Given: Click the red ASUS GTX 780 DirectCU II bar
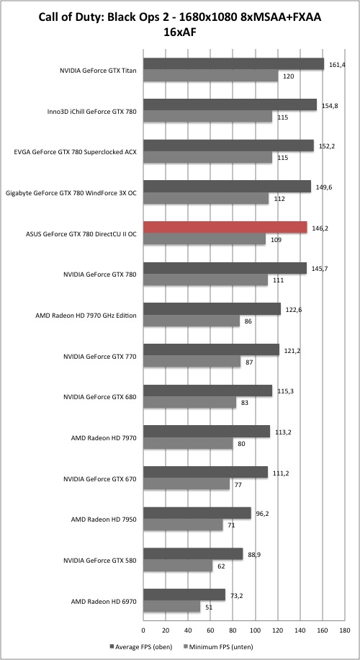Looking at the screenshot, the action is tap(225, 227).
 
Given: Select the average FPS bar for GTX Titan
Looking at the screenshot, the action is tap(234, 63).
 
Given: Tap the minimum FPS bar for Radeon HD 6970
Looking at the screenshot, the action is tap(172, 607).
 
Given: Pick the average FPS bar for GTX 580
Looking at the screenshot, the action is tap(194, 554).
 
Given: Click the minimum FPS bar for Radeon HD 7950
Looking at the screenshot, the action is tap(184, 525).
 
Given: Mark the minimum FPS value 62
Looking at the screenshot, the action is tap(221, 566).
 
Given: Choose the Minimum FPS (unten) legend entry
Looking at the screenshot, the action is tap(217, 646).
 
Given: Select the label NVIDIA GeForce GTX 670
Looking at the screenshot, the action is tap(100, 479).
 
